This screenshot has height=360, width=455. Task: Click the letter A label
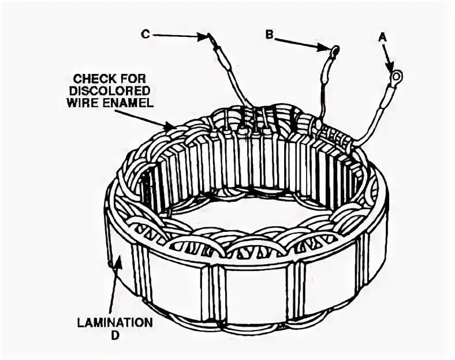coord(382,37)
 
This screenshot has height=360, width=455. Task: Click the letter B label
coord(269,35)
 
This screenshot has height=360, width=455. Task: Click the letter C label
coord(146,35)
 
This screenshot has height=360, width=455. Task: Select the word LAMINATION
coord(115,322)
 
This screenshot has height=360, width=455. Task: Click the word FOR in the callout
coord(133,77)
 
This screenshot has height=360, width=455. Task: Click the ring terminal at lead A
coord(396,75)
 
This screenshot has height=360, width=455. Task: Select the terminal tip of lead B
coord(334,51)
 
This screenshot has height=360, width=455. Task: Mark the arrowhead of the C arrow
coord(203,37)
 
